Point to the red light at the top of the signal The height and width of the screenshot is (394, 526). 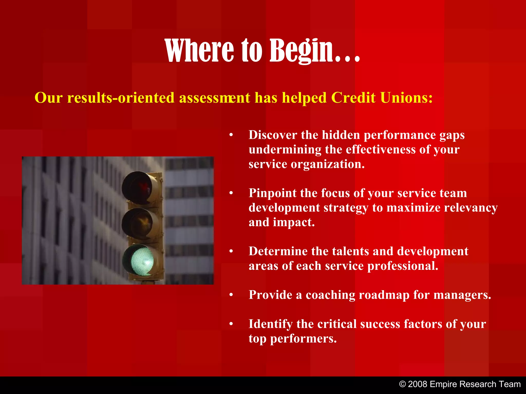click(x=137, y=187)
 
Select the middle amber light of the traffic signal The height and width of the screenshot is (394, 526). click(x=139, y=223)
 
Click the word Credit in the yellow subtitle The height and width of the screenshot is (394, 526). click(x=353, y=98)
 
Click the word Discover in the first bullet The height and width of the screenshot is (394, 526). click(x=273, y=135)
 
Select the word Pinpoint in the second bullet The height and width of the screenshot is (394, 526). click(x=272, y=193)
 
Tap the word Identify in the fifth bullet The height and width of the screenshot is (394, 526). click(x=270, y=324)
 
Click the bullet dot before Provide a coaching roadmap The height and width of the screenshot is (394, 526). click(x=231, y=295)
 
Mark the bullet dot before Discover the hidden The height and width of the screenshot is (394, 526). click(x=231, y=135)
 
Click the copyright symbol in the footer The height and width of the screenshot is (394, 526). click(x=402, y=384)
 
